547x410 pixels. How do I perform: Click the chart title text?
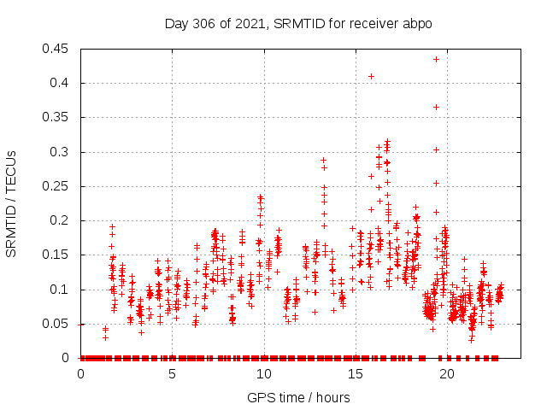(298, 24)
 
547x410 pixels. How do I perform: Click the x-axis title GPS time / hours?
(298, 397)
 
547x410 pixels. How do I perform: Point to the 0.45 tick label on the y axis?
(58, 49)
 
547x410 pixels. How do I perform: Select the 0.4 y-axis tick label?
(62, 83)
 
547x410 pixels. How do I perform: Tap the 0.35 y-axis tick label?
(58, 117)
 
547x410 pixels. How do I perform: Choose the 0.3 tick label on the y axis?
(62, 152)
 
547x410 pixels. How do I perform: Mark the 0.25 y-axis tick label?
(58, 186)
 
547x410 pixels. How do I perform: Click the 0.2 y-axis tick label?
(62, 220)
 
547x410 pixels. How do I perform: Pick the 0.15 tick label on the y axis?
(58, 255)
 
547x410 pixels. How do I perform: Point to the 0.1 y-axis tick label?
(62, 290)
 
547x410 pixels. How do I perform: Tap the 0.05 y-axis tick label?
(58, 324)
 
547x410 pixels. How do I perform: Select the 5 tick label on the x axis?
(173, 374)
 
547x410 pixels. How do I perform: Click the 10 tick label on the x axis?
(264, 374)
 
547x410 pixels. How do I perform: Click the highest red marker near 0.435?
(436, 59)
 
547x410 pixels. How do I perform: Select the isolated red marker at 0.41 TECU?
(371, 76)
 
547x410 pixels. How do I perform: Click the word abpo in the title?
(418, 24)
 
